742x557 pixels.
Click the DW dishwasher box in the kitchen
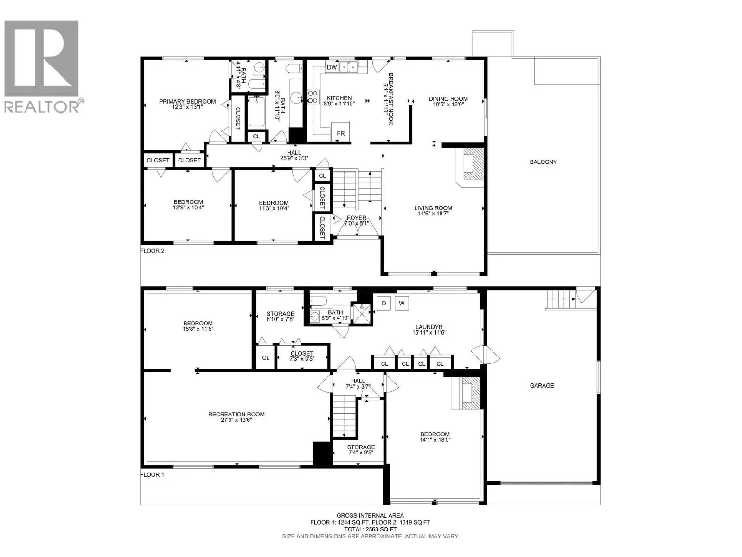pyautogui.click(x=331, y=67)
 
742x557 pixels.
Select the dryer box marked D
pyautogui.click(x=384, y=304)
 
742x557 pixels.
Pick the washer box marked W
pyautogui.click(x=402, y=304)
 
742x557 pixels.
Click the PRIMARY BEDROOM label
pyautogui.click(x=187, y=102)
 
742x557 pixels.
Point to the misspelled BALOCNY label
pyautogui.click(x=543, y=162)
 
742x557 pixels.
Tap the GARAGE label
pyautogui.click(x=542, y=385)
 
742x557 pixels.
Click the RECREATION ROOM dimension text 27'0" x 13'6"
pyautogui.click(x=237, y=420)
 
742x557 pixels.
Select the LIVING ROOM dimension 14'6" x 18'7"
pyautogui.click(x=433, y=214)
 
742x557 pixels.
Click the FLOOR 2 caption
pyautogui.click(x=152, y=251)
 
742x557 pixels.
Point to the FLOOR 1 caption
pyautogui.click(x=152, y=474)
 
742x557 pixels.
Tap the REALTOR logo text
pyautogui.click(x=42, y=107)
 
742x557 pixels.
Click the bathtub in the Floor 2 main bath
pyautogui.click(x=256, y=111)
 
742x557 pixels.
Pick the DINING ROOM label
pyautogui.click(x=448, y=99)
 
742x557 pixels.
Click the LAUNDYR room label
pyautogui.click(x=429, y=327)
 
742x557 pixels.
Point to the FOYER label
pyautogui.click(x=357, y=218)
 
